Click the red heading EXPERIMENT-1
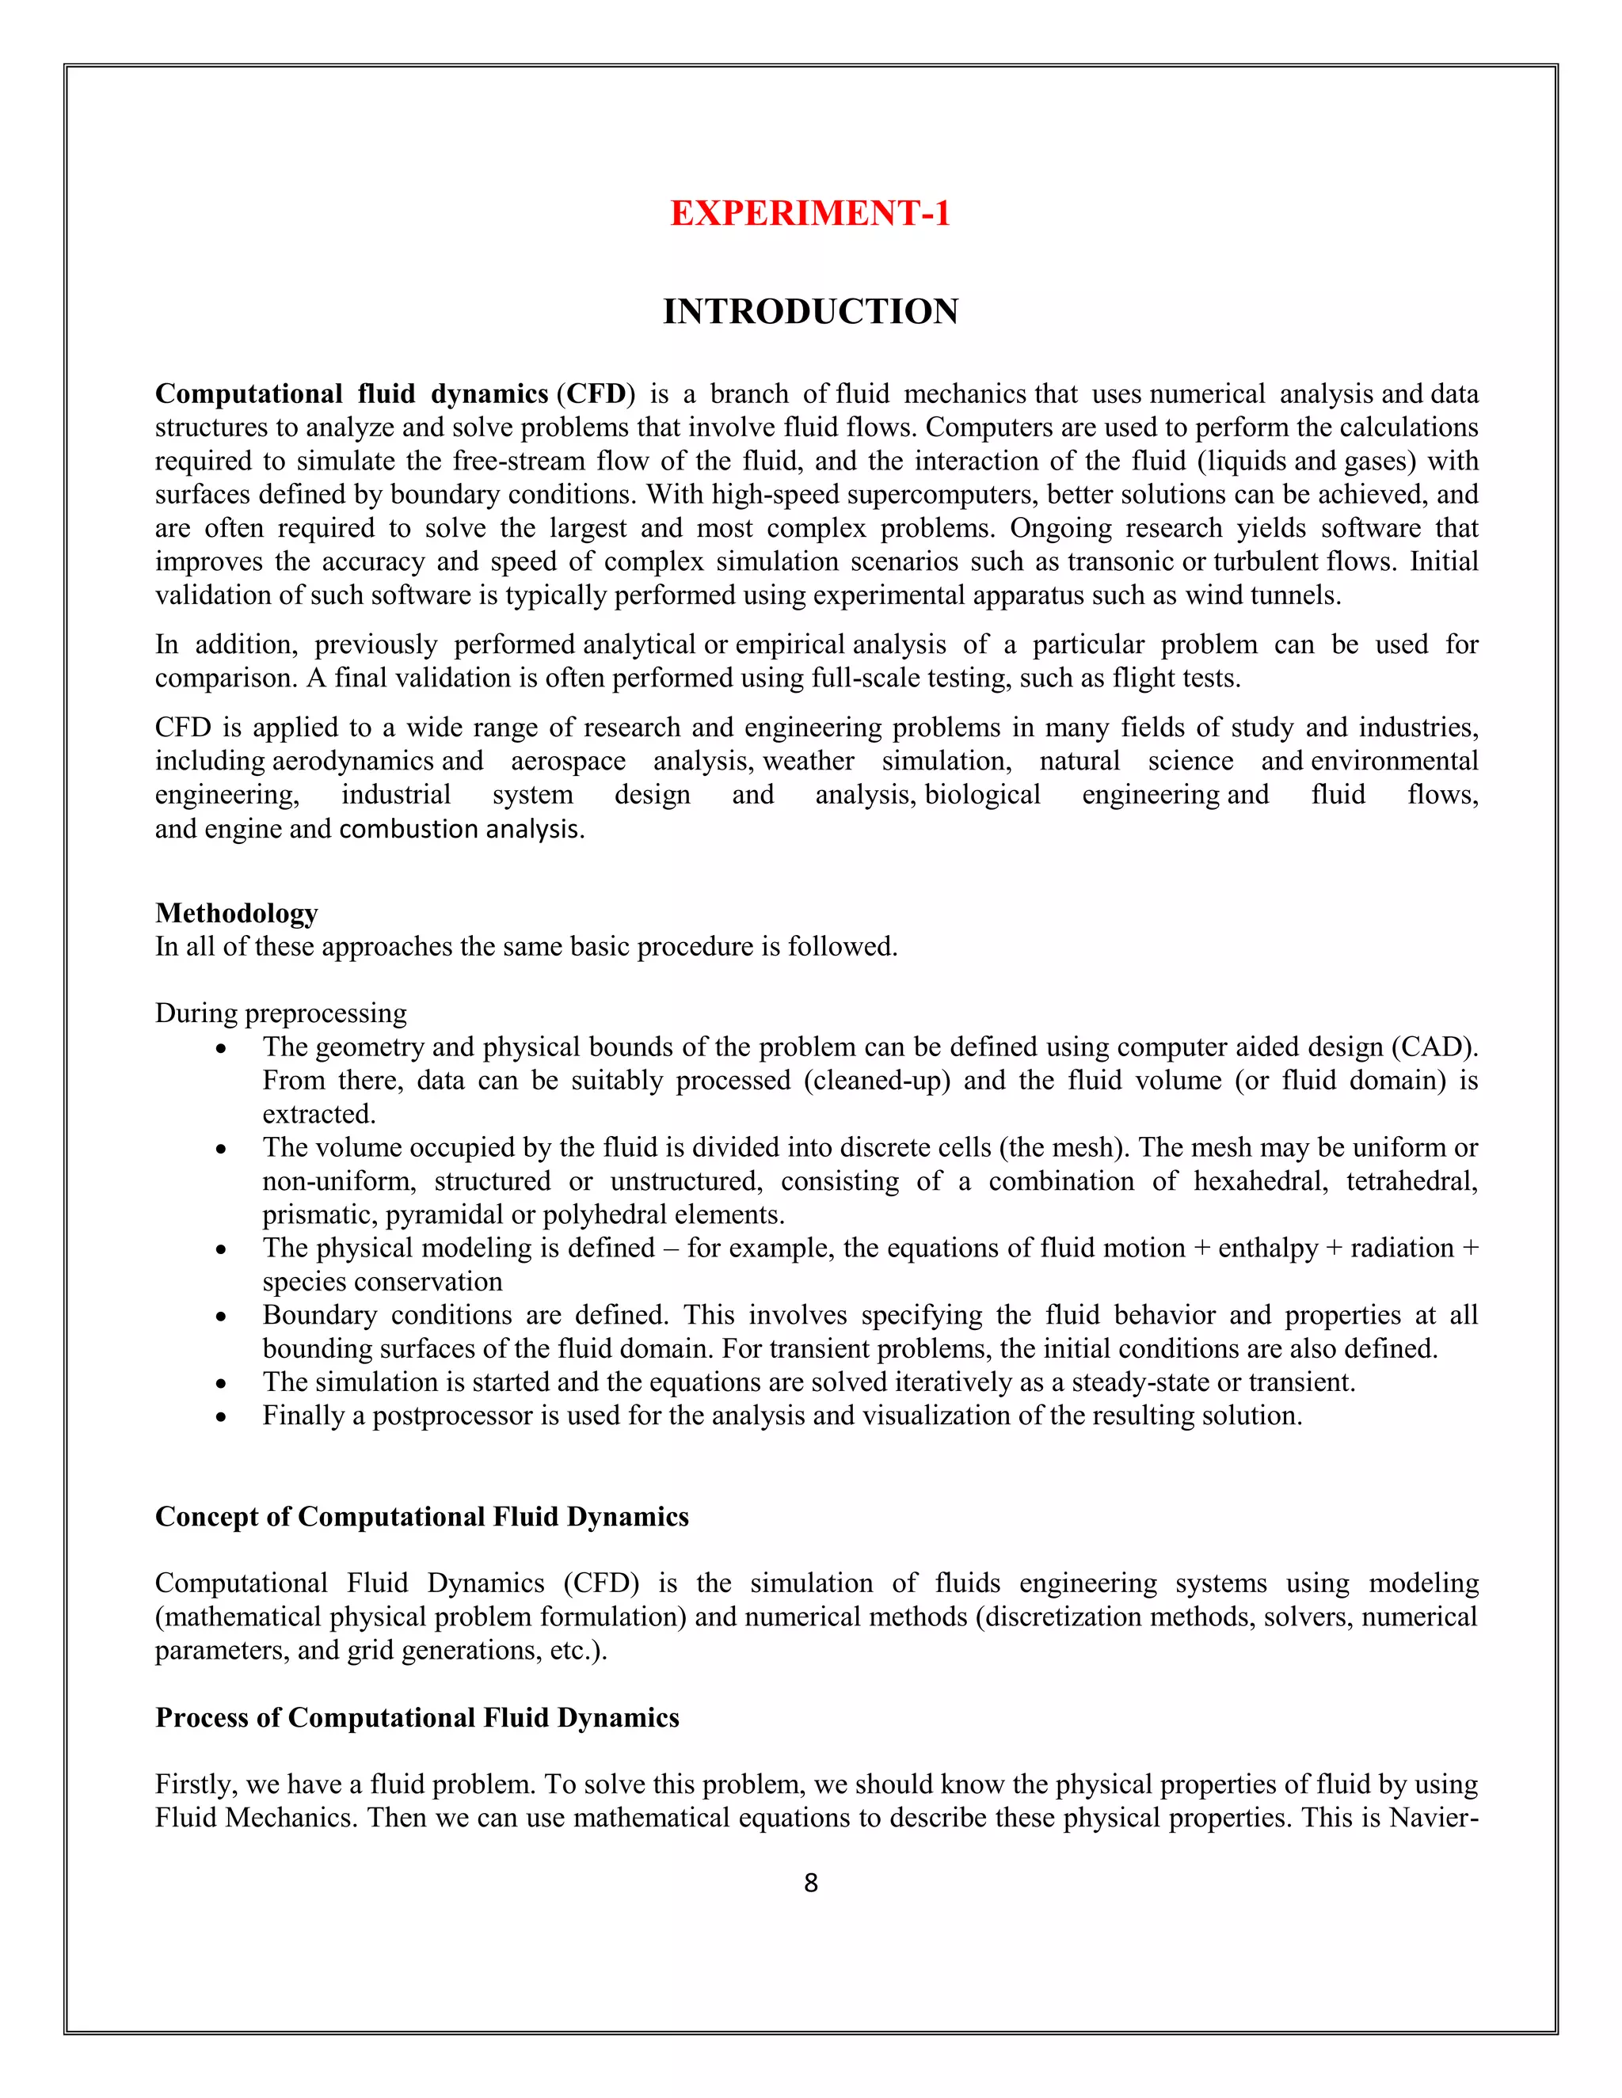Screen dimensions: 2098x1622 (x=810, y=213)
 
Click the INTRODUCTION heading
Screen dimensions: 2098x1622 (x=810, y=311)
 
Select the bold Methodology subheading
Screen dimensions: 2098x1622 (x=236, y=913)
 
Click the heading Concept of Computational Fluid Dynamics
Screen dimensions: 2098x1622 (x=422, y=1516)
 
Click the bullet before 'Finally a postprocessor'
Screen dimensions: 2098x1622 (x=221, y=1417)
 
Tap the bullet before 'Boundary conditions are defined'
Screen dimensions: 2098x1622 (x=221, y=1316)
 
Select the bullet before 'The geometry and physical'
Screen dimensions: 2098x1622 (x=221, y=1048)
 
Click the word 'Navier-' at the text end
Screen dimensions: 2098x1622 (x=1433, y=1818)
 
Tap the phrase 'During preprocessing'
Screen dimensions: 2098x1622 (x=280, y=1013)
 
